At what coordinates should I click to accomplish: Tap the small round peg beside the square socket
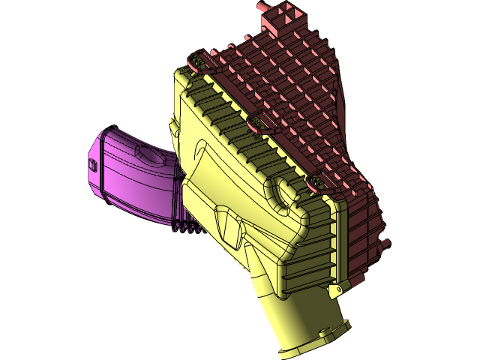click(263, 6)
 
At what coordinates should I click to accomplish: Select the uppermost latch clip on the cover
click(199, 58)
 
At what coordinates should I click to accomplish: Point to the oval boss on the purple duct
click(149, 156)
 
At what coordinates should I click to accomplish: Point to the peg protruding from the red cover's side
click(385, 244)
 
